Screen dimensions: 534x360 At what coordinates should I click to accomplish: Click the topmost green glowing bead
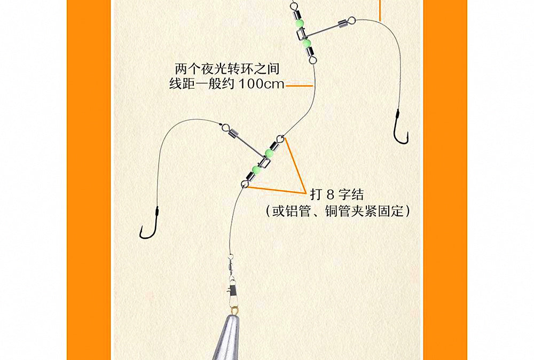click(x=300, y=23)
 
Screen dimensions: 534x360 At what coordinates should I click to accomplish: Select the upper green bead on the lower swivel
click(x=269, y=153)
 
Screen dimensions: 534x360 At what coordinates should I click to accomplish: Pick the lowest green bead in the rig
click(x=256, y=168)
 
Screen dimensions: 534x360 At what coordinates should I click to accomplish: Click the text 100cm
click(x=261, y=84)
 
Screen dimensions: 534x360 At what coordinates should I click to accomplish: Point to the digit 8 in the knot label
click(x=329, y=195)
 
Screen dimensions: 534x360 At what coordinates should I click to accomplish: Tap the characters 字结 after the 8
click(x=351, y=195)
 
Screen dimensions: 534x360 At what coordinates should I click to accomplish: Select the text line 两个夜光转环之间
click(x=227, y=69)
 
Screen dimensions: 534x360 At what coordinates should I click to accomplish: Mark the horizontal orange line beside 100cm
click(x=299, y=86)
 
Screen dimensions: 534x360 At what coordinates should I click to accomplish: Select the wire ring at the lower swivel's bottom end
click(x=244, y=184)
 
